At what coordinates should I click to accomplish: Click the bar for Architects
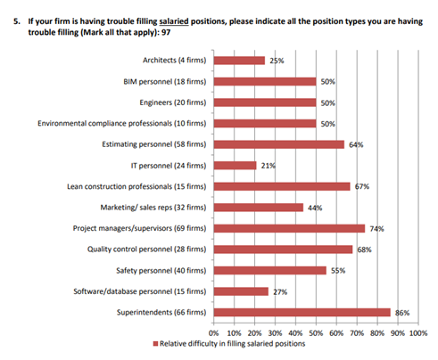coord(239,61)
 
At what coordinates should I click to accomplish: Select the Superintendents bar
coord(302,313)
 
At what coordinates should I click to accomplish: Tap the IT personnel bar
coord(236,166)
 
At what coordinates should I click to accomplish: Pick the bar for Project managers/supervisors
coord(289,228)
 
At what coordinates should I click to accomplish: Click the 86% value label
coord(402,313)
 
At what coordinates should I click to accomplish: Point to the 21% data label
coord(269,166)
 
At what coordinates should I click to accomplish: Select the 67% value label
coord(362,186)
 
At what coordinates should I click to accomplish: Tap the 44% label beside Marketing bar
coord(315,208)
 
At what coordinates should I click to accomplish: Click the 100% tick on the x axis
coord(418,333)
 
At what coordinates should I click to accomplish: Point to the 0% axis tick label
coord(213,333)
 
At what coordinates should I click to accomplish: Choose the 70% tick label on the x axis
coord(357,333)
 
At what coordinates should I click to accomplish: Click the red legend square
coord(155,344)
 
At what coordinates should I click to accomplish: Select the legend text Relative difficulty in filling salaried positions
coord(233,344)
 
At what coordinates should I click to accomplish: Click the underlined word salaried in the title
coord(174,21)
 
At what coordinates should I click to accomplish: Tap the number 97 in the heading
coord(166,32)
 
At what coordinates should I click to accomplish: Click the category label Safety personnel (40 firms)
coord(161,271)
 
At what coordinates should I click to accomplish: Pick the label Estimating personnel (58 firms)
coord(154,144)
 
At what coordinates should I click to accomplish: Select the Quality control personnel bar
coord(283,250)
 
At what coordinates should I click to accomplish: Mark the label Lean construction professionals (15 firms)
coord(136,186)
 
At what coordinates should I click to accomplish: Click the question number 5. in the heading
coord(17,21)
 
